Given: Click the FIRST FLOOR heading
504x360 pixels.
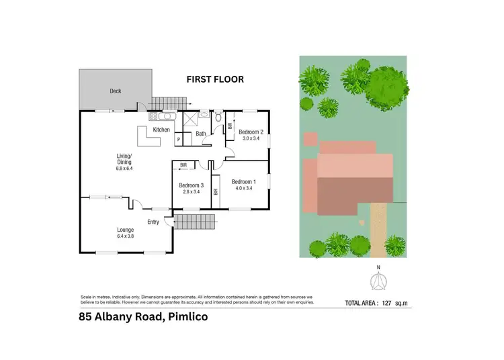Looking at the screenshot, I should click(214, 79).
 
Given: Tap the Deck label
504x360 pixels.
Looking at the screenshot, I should click(116, 91).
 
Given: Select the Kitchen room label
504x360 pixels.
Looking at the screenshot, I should click(161, 130).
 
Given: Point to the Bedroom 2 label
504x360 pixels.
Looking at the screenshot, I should click(250, 132).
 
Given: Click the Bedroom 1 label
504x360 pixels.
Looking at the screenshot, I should click(244, 181).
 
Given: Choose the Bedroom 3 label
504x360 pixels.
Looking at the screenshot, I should click(192, 185).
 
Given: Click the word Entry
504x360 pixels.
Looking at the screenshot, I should click(153, 222).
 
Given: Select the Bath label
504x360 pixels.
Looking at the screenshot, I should click(200, 134).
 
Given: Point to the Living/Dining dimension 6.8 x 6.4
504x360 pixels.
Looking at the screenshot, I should click(125, 167).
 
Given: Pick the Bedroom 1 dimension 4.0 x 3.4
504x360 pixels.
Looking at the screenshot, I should click(244, 189).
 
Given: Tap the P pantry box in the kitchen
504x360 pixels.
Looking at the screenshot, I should click(179, 139).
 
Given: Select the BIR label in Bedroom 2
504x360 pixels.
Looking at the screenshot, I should click(230, 126).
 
